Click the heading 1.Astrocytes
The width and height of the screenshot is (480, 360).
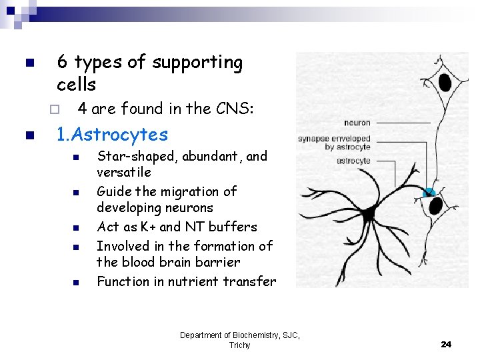pos(112,135)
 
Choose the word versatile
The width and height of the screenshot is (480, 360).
pos(124,171)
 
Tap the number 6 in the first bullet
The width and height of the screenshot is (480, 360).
pos(62,63)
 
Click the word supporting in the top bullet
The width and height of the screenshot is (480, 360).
pos(197,63)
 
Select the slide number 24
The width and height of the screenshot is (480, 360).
pos(446,344)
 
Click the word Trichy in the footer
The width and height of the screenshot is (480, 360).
pos(239,345)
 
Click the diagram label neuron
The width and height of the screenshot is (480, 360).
pos(357,123)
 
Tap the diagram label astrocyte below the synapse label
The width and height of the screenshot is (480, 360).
pos(353,161)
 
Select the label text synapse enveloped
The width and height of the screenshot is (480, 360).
pos(334,139)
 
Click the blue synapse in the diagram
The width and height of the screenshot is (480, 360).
pos(429,193)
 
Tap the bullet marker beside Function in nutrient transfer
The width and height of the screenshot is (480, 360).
pos(76,282)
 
